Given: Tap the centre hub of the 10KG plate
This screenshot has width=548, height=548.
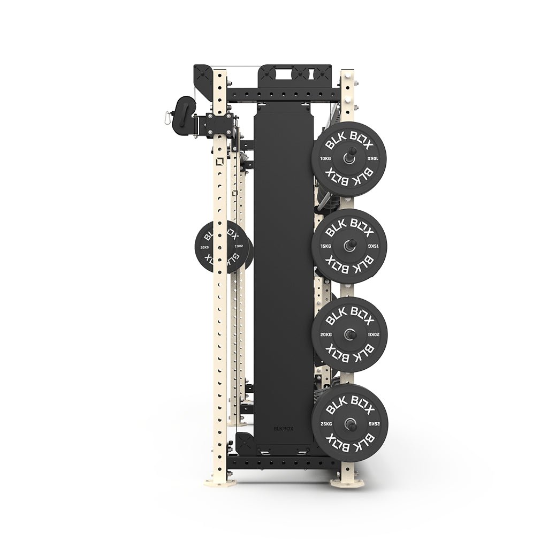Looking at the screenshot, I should coord(348,159).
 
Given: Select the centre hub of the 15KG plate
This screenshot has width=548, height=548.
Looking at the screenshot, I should coord(348,246).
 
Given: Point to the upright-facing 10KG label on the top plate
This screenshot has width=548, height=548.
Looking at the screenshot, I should coord(325,159).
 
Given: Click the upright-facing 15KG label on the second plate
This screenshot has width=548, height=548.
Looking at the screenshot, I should coord(325,246).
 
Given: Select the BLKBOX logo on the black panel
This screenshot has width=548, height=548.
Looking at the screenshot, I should coord(283,428).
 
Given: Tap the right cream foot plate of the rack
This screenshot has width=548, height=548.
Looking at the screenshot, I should coord(347,483).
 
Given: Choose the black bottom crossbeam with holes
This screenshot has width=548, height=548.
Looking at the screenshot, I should coord(284,461).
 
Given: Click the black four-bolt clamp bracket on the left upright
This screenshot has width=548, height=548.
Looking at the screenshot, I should coord(219,124).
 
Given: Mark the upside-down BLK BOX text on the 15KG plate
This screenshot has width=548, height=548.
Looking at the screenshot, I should coord(349,266).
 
